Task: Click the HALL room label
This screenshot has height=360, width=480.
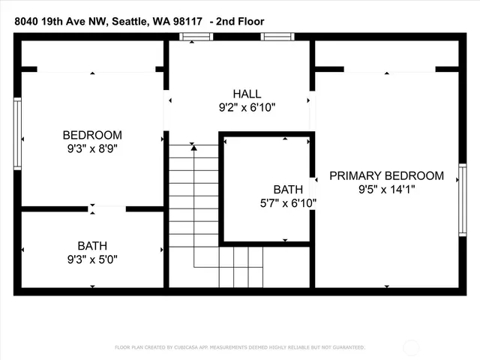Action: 247,94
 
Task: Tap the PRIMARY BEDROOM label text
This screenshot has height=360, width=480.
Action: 386,175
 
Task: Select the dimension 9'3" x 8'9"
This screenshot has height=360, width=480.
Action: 92,148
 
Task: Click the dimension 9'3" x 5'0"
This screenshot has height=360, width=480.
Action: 92,259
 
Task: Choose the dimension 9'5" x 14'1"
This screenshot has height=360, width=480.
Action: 386,190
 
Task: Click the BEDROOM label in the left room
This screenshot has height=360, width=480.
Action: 92,135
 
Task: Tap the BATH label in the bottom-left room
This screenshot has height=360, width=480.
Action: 92,246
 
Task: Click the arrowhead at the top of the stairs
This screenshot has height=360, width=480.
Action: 194,148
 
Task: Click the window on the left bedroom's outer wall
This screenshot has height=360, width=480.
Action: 18,133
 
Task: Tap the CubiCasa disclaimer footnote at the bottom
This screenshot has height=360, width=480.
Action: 240,347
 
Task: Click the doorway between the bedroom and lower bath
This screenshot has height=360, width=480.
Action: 92,208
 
